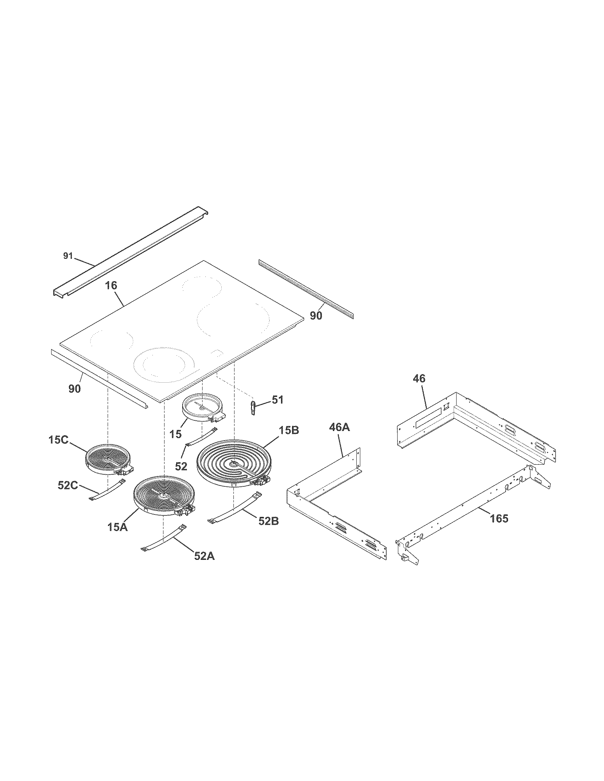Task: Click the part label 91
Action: point(68,256)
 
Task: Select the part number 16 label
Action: point(111,285)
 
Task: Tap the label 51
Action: point(277,399)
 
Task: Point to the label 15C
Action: point(59,440)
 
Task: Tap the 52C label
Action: point(68,485)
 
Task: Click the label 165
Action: point(499,518)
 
